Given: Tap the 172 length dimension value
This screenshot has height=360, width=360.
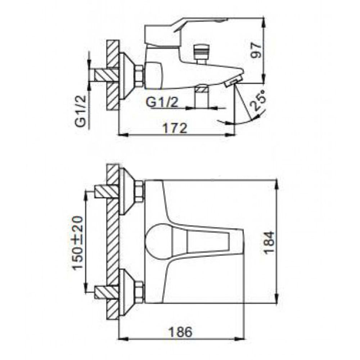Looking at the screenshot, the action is pos(175,128).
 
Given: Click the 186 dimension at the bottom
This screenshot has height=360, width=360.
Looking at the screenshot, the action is pos(180,332).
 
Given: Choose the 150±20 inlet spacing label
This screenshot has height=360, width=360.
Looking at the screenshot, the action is pos(77,242).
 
